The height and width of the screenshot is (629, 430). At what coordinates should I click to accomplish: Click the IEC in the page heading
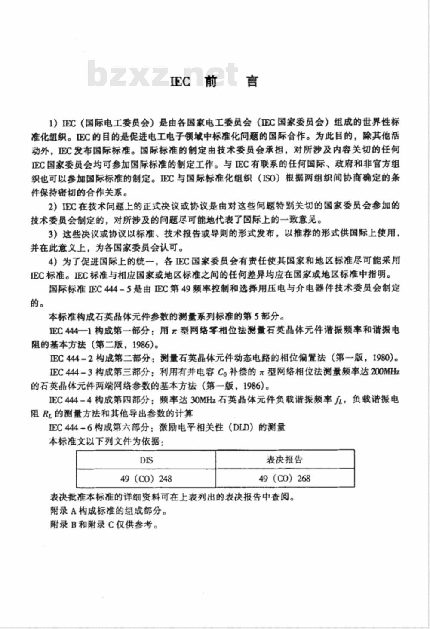click(180, 81)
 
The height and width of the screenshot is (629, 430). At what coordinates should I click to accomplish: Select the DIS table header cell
click(146, 460)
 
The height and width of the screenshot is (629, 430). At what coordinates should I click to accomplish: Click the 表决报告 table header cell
click(285, 459)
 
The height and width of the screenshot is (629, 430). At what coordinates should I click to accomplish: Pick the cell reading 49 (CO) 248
click(146, 478)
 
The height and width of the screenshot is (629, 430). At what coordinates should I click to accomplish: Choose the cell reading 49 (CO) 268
click(285, 478)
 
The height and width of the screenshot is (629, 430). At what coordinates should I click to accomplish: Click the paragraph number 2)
click(53, 206)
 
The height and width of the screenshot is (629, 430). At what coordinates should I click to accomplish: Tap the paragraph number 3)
click(53, 233)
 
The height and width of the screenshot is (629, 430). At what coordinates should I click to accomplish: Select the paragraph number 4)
click(53, 261)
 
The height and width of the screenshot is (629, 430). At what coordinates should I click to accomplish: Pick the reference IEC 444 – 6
click(71, 427)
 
